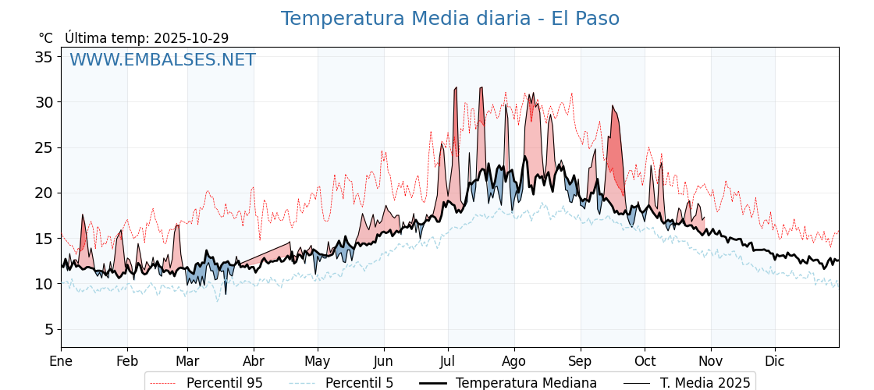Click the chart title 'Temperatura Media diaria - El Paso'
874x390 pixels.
pos(450,19)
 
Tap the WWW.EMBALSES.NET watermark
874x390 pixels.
pos(162,60)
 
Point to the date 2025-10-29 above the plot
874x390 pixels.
pos(191,38)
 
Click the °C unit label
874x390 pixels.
pos(45,38)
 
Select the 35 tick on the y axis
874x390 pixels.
pos(44,57)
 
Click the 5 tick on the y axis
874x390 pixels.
pos(48,329)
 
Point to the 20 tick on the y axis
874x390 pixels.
pos(44,193)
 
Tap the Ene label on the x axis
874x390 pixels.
pos(61,361)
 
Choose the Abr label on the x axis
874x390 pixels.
pos(254,361)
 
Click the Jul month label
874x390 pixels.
pos(448,361)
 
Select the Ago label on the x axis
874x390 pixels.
pos(514,361)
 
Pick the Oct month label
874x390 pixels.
pos(645,361)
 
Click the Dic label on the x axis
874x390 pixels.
pos(775,361)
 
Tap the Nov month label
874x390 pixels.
pos(710,361)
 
